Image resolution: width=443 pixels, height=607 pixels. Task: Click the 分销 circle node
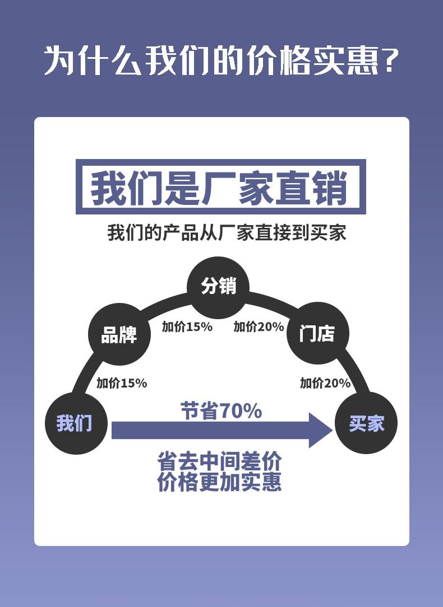[218, 287]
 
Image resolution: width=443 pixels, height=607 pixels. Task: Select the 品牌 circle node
[119, 334]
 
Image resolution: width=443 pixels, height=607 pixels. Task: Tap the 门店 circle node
[318, 333]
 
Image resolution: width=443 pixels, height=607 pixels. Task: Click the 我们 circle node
[76, 423]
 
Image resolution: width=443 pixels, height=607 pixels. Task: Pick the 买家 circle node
[366, 423]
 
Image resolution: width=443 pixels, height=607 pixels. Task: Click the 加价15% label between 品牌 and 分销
[187, 326]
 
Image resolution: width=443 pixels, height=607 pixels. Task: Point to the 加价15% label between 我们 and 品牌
[122, 383]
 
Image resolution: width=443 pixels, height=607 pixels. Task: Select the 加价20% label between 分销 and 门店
[259, 326]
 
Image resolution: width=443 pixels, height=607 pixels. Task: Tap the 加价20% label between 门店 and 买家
[325, 383]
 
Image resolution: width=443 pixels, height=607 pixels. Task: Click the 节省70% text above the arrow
[221, 410]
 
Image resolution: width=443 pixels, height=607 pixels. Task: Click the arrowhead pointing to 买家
[321, 430]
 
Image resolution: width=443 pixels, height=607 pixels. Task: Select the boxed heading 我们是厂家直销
[220, 187]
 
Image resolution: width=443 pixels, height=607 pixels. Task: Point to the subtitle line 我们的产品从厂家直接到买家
[227, 232]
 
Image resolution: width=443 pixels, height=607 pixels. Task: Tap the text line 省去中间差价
[219, 461]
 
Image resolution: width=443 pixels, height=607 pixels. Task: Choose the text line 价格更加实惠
[219, 482]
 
